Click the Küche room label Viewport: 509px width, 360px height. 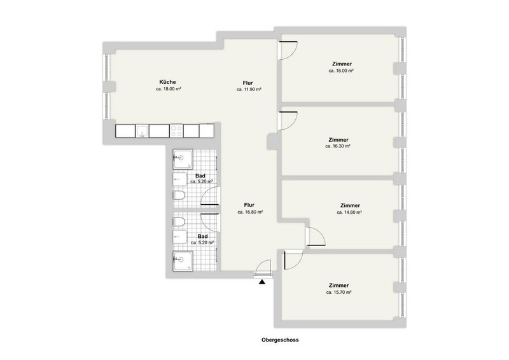pyautogui.click(x=167, y=82)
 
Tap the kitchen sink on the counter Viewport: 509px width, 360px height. pyautogui.click(x=143, y=131)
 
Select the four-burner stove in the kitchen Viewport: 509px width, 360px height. pyautogui.click(x=176, y=130)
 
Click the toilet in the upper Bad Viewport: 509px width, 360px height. pyautogui.click(x=179, y=195)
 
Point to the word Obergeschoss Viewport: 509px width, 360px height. pyautogui.click(x=279, y=340)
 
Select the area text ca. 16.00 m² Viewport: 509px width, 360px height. pyautogui.click(x=341, y=71)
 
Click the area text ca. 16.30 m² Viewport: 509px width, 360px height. pyautogui.click(x=339, y=146)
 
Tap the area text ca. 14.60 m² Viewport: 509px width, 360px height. pyautogui.click(x=350, y=212)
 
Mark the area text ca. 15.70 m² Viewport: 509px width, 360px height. pyautogui.click(x=339, y=293)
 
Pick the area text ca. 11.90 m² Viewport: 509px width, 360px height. pyautogui.click(x=249, y=90)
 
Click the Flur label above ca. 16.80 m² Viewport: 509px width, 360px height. pyautogui.click(x=250, y=205)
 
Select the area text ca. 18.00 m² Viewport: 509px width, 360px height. pyautogui.click(x=169, y=90)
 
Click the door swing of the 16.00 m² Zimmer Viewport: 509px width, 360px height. pyautogui.click(x=288, y=50)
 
